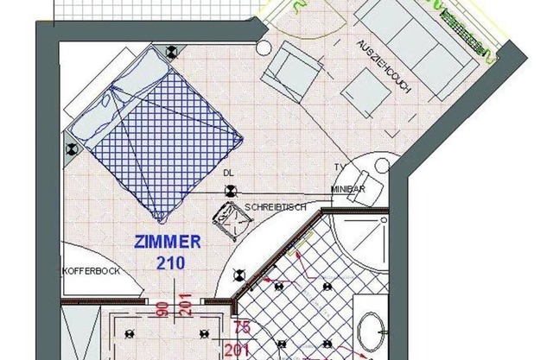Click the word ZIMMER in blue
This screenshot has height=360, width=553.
point(168,243)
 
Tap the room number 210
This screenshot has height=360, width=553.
point(170,262)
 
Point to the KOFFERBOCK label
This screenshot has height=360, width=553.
point(92,271)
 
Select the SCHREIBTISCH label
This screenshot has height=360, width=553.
point(276,207)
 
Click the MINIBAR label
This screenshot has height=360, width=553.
point(348,189)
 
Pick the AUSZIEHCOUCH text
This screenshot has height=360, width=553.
point(384,66)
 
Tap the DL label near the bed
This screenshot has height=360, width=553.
point(228,173)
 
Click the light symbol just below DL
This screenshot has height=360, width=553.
point(231,192)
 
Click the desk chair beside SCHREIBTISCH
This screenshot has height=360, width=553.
point(233,221)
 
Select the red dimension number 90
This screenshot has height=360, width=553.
point(163,308)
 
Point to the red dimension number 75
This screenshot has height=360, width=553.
point(242,326)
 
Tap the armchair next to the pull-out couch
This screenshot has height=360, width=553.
point(292,72)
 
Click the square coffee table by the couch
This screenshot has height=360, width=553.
point(365,92)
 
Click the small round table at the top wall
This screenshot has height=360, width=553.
point(263,47)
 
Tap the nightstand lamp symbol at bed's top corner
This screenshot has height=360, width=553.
point(172,52)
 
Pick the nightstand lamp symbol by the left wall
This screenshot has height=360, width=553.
point(73,149)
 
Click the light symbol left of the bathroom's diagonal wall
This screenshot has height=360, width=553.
point(240,275)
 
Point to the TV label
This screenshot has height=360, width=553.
point(340,167)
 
